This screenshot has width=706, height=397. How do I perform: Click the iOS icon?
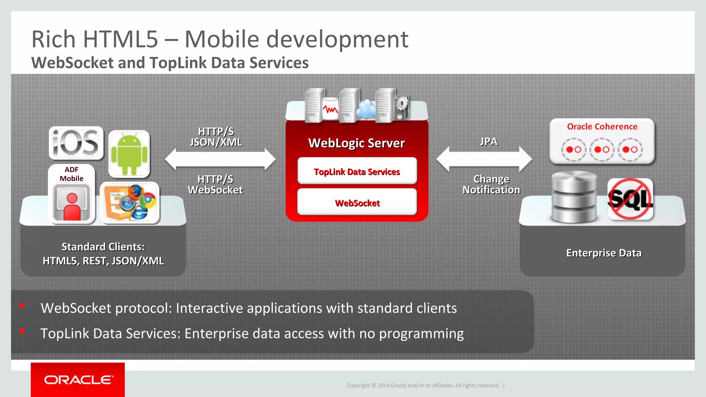click(76, 143)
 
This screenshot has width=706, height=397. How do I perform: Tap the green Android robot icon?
click(129, 154)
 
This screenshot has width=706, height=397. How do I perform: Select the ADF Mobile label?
click(71, 174)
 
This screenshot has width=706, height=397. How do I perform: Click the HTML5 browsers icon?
click(130, 203)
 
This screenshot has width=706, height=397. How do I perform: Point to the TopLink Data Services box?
click(357, 171)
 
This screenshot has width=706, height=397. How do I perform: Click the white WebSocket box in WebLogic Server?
click(357, 203)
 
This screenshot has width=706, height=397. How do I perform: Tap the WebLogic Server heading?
click(356, 143)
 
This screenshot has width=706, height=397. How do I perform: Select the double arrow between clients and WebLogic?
click(220, 160)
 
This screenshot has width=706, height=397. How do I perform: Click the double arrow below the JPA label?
click(484, 159)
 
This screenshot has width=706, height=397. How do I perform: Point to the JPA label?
click(488, 142)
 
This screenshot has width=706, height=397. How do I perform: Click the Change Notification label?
click(491, 184)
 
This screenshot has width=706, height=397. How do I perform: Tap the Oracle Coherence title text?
click(602, 127)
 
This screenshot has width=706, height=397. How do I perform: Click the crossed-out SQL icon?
click(630, 199)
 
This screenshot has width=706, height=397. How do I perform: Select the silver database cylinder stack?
click(574, 197)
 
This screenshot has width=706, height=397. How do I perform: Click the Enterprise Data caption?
click(604, 253)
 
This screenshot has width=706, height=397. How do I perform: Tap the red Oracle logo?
click(78, 380)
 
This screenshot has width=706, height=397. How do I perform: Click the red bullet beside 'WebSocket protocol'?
click(22, 306)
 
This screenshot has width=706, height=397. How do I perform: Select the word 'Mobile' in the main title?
click(222, 39)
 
